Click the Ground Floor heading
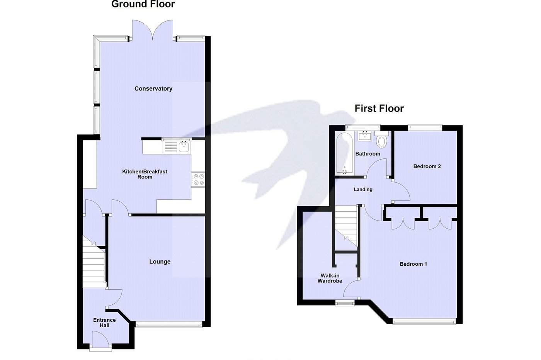click(143, 4)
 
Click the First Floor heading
click(379, 109)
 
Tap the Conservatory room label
click(153, 88)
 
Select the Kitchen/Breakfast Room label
click(145, 174)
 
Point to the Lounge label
click(160, 262)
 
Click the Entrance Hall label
click(104, 323)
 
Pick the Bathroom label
click(367, 154)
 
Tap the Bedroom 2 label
click(427, 166)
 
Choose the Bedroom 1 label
click(413, 264)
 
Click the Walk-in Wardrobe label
click(330, 278)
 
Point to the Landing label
click(363, 189)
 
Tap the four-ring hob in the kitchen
click(198, 179)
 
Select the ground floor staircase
click(94, 263)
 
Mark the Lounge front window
click(168, 324)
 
